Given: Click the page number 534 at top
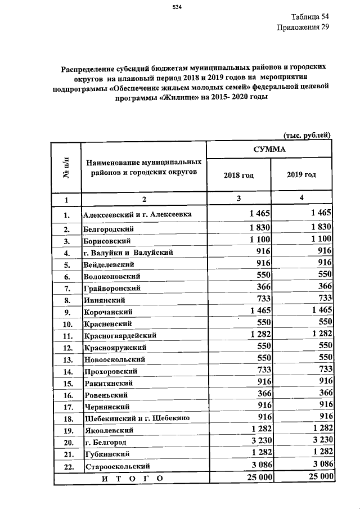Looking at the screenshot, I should click(x=179, y=7).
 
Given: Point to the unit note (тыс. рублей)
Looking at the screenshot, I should click(x=306, y=134).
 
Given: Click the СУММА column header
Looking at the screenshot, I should click(x=269, y=150).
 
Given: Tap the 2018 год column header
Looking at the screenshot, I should click(x=238, y=175).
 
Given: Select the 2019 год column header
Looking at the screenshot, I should click(x=301, y=175).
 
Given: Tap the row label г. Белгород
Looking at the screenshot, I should click(x=104, y=442).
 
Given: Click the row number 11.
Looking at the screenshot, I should click(x=66, y=336).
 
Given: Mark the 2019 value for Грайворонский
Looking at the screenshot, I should click(x=324, y=287).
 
